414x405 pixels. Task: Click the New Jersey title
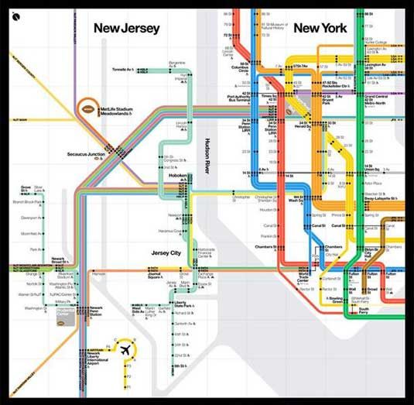click(x=127, y=28)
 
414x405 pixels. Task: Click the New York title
click(x=320, y=28)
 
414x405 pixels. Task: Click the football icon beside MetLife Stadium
click(x=89, y=109)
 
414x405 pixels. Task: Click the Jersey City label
click(x=172, y=252)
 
